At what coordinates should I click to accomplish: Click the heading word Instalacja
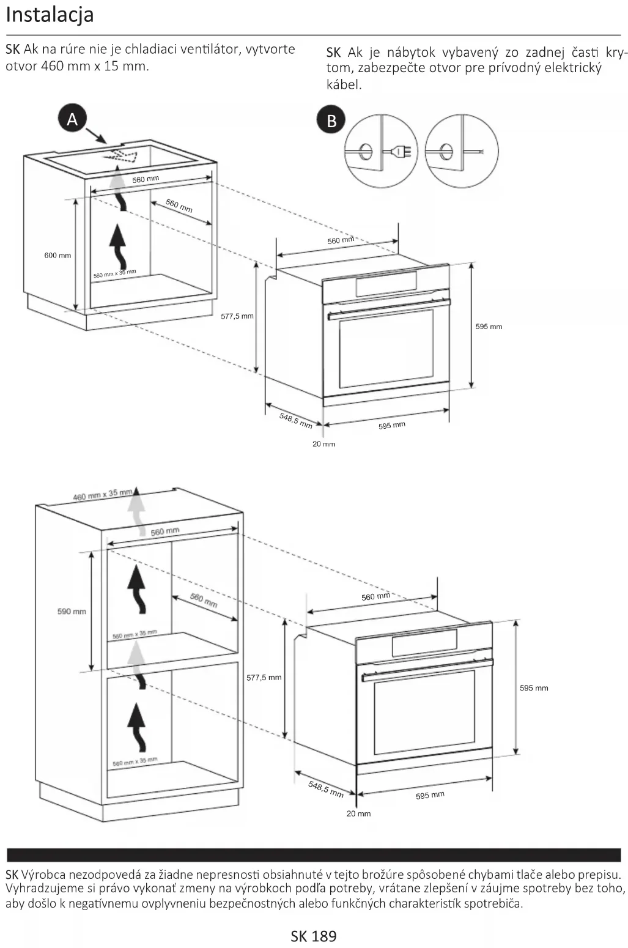50,15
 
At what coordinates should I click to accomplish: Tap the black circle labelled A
72,119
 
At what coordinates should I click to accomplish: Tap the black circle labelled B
331,120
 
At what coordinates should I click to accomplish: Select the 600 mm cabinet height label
57,256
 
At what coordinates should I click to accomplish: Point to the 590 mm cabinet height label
72,612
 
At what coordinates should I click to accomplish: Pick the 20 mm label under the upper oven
323,444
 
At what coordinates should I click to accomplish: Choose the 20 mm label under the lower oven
358,814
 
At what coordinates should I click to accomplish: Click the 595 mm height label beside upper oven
489,327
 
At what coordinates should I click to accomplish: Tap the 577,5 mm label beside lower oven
264,678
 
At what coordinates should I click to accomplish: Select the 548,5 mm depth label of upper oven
296,420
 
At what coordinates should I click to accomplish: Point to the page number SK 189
314,936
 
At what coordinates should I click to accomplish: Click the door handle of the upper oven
388,309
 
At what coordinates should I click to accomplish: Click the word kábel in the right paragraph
344,84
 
